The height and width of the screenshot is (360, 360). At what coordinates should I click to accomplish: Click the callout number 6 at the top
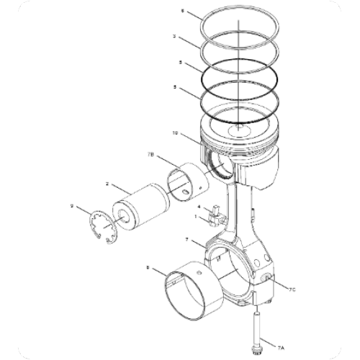182,12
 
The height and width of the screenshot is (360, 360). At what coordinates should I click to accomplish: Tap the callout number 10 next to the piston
175,132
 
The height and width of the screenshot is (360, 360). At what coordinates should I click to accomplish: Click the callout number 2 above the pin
107,184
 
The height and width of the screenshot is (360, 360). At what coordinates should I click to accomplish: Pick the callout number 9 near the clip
72,207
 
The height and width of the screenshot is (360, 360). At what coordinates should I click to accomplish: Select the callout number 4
199,206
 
